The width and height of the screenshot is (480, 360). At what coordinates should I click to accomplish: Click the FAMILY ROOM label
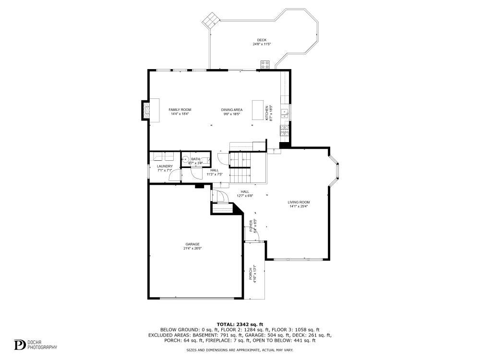(180, 110)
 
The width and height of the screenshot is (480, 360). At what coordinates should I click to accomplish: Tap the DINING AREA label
(232, 110)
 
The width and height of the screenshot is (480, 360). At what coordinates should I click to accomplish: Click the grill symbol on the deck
(265, 64)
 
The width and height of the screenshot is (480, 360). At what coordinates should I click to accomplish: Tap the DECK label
(262, 40)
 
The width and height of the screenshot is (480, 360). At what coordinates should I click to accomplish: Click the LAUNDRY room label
(165, 167)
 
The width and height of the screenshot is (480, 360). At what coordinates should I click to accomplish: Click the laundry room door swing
(174, 176)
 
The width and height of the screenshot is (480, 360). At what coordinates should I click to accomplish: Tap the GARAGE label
(192, 244)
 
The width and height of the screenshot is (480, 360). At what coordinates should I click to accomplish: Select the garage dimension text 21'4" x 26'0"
(192, 249)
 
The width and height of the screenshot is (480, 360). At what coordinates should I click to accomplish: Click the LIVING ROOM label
(299, 202)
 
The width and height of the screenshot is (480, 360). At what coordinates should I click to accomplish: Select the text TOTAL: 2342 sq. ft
(240, 325)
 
